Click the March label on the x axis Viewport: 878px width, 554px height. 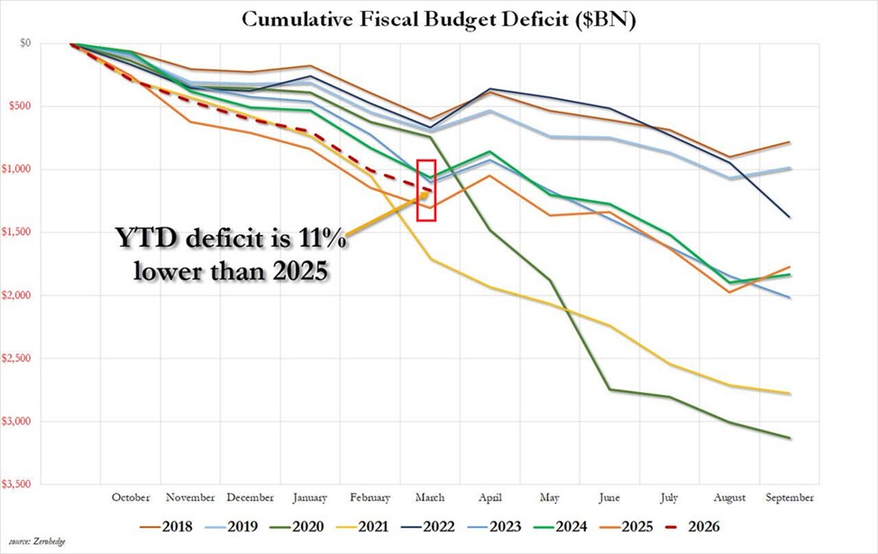(x=428, y=497)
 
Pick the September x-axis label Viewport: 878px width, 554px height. (x=791, y=497)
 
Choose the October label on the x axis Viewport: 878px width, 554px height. (x=131, y=497)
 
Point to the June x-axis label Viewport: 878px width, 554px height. (x=610, y=497)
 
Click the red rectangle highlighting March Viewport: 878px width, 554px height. (x=427, y=190)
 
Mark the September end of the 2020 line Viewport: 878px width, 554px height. (x=791, y=439)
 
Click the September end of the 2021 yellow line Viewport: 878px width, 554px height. (x=791, y=394)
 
